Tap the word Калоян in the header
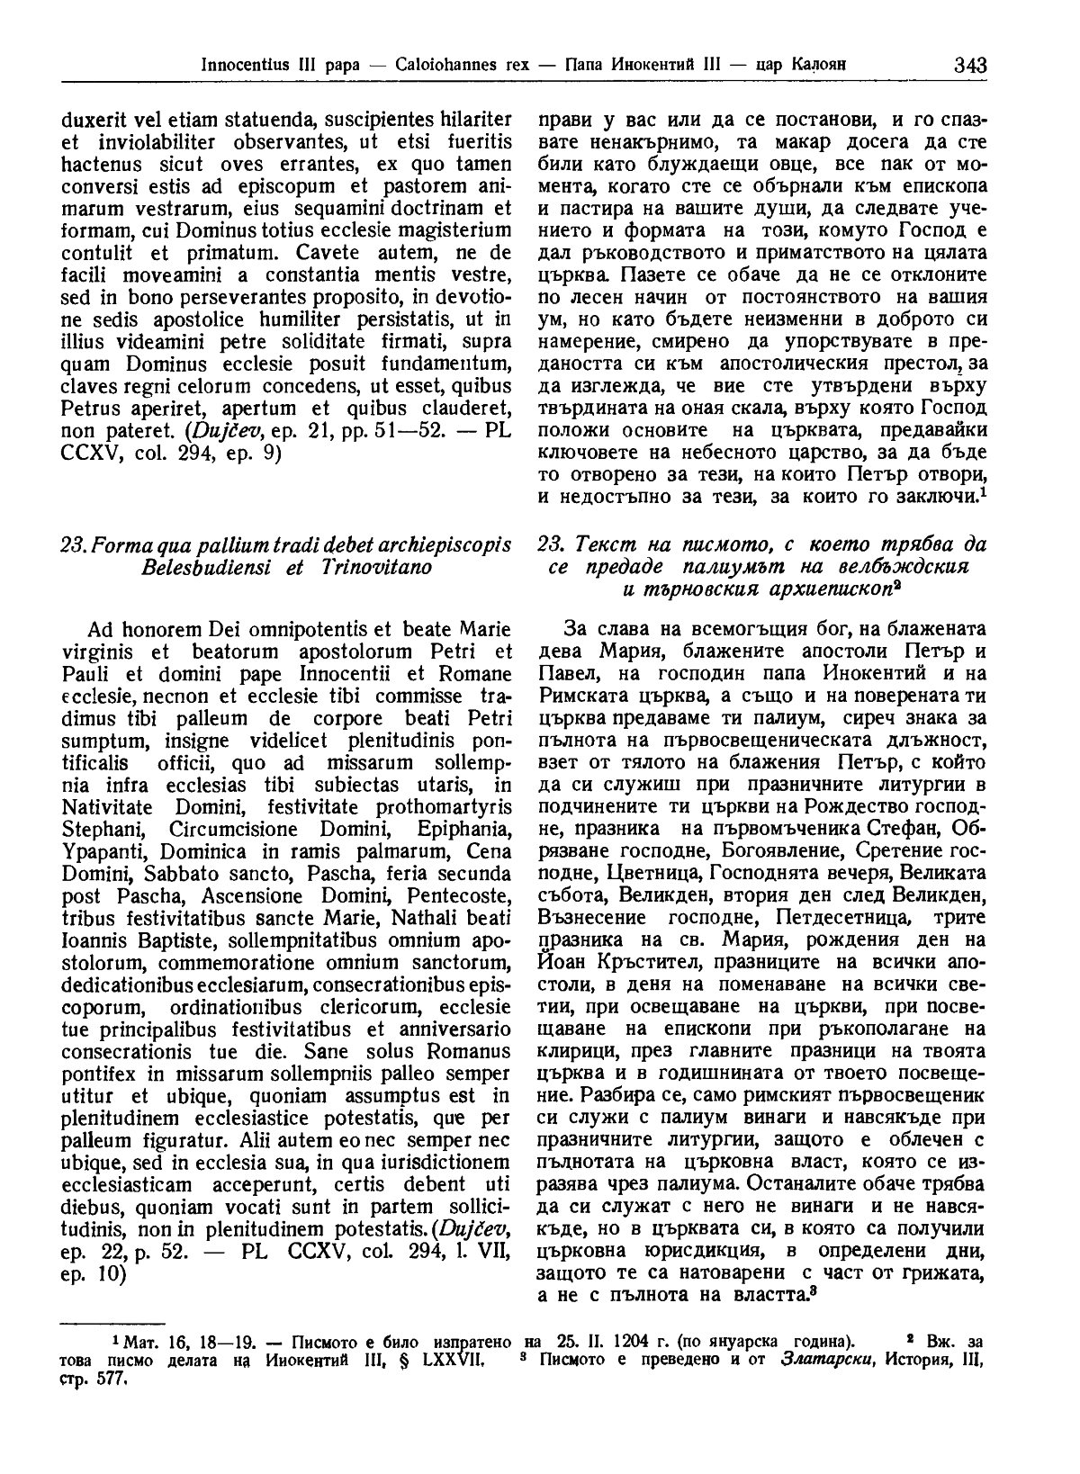click(821, 66)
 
